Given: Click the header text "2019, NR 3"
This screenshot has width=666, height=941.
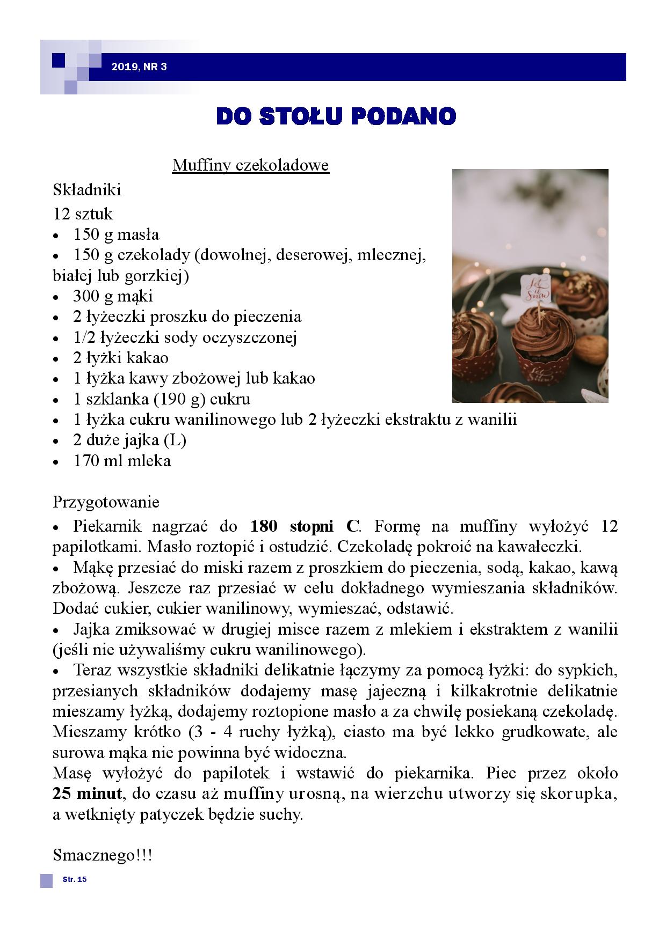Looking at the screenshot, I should (139, 67).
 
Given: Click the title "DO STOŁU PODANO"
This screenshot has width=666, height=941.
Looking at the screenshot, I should (336, 116).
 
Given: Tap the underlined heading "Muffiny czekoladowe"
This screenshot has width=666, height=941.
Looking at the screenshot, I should (250, 165).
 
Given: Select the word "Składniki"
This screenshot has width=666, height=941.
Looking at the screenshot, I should (87, 189).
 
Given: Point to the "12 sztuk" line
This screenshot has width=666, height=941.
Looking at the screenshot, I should (83, 214).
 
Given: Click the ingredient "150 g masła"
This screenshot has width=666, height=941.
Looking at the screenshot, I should (116, 234).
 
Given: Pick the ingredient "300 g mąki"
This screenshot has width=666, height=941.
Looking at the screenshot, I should (113, 296).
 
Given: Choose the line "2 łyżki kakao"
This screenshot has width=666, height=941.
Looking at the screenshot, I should (121, 357).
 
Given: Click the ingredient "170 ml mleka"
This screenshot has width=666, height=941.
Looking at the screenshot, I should (122, 460).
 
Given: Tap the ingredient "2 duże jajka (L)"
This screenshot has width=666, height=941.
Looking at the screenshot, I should (129, 440).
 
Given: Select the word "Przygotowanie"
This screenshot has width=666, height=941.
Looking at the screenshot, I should (106, 502).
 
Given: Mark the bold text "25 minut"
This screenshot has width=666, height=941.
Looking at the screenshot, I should (88, 793).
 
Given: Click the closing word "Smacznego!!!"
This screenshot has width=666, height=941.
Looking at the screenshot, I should (103, 855).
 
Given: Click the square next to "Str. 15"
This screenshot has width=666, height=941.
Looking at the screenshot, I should (47, 880).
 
